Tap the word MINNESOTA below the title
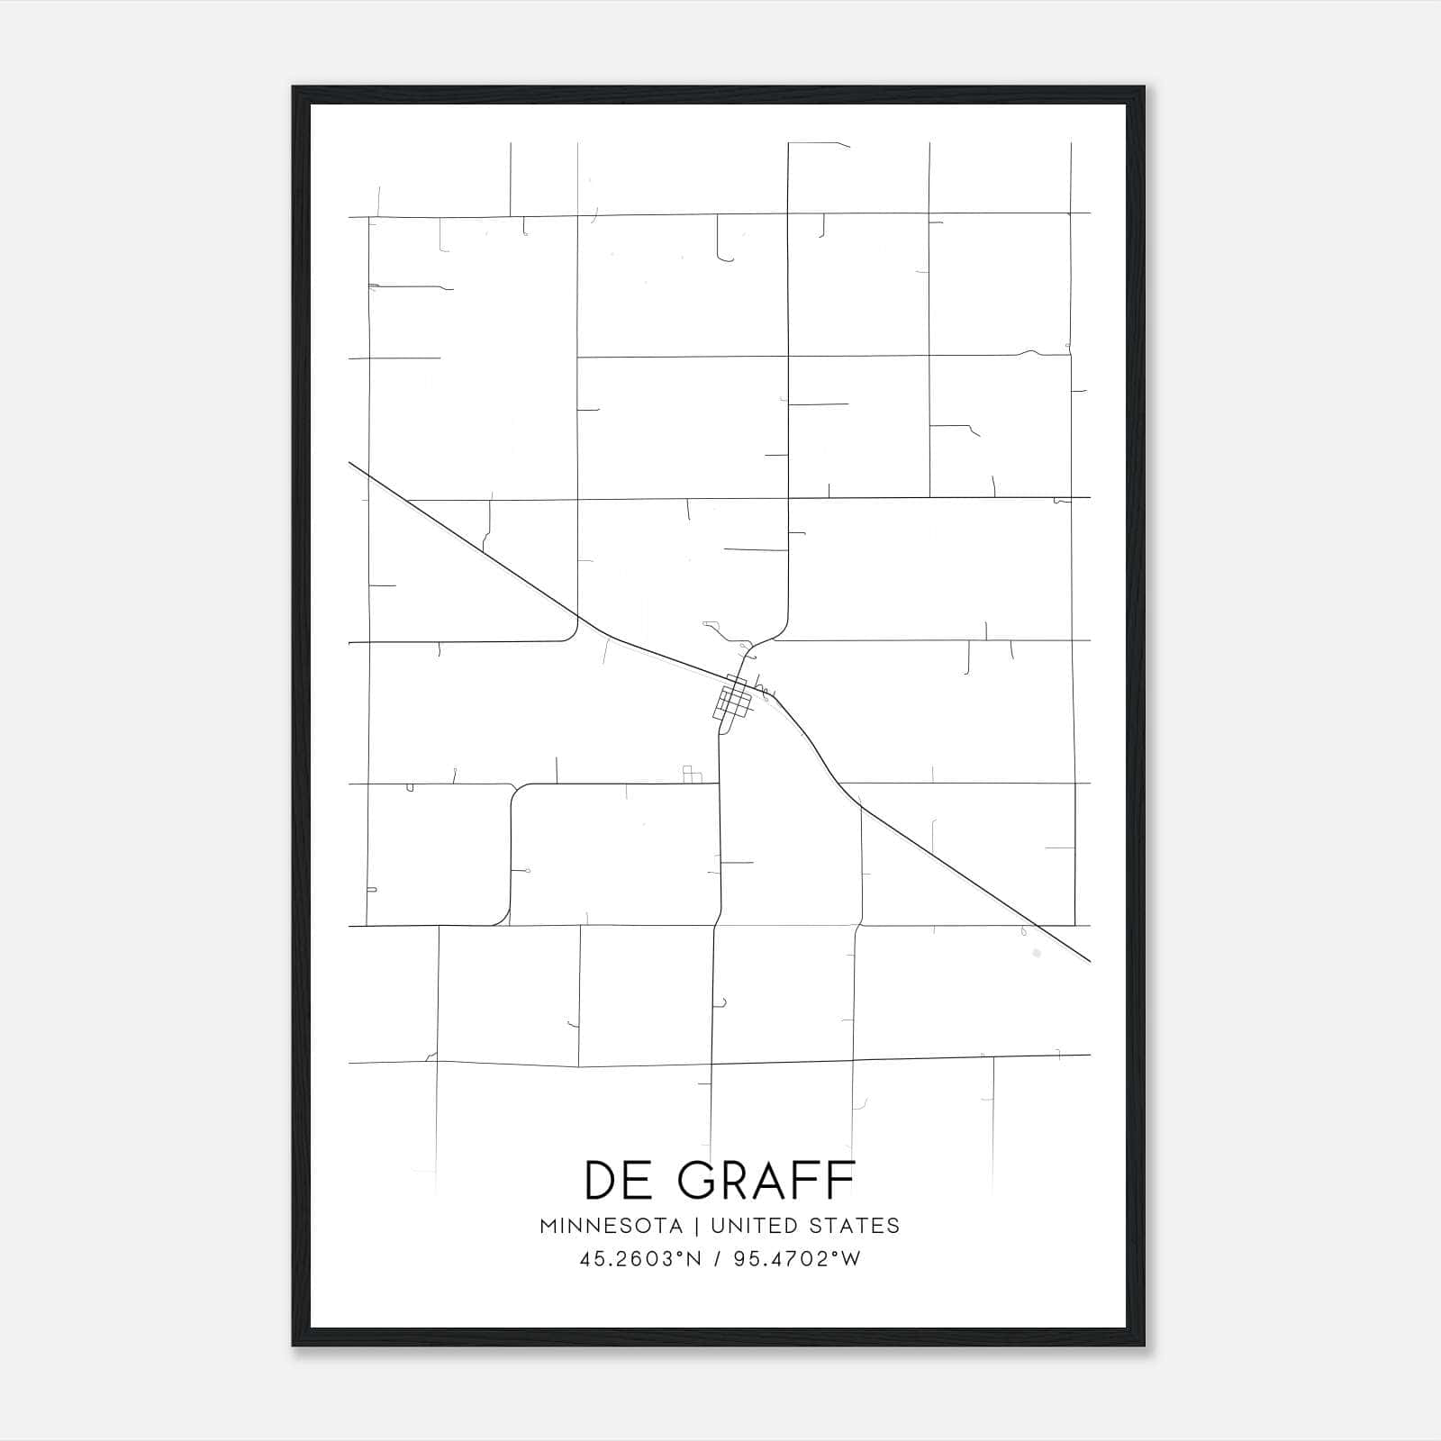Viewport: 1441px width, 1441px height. coord(617,1226)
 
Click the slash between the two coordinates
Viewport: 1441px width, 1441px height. coord(718,1259)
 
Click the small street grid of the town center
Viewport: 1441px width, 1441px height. coord(734,701)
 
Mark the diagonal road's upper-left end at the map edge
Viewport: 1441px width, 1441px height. coord(350,464)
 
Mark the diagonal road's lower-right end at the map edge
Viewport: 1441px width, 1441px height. coord(1089,960)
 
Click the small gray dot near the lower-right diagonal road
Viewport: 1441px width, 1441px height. coord(1036,952)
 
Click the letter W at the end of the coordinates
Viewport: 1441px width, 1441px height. coord(851,1259)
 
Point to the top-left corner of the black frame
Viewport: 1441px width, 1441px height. coord(294,88)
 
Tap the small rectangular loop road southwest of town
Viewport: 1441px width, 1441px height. coord(692,775)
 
